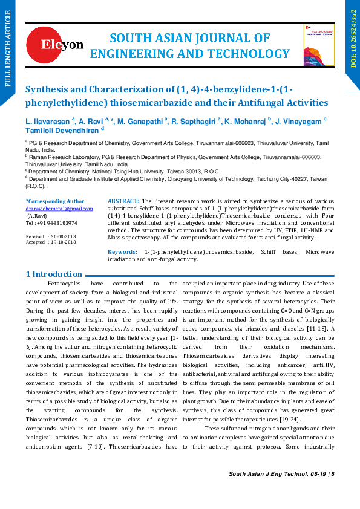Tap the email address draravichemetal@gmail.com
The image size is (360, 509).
point(59,209)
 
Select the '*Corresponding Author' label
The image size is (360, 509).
point(54,201)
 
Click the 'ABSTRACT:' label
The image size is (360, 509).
point(123,201)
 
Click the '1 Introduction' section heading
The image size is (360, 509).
point(54,274)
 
